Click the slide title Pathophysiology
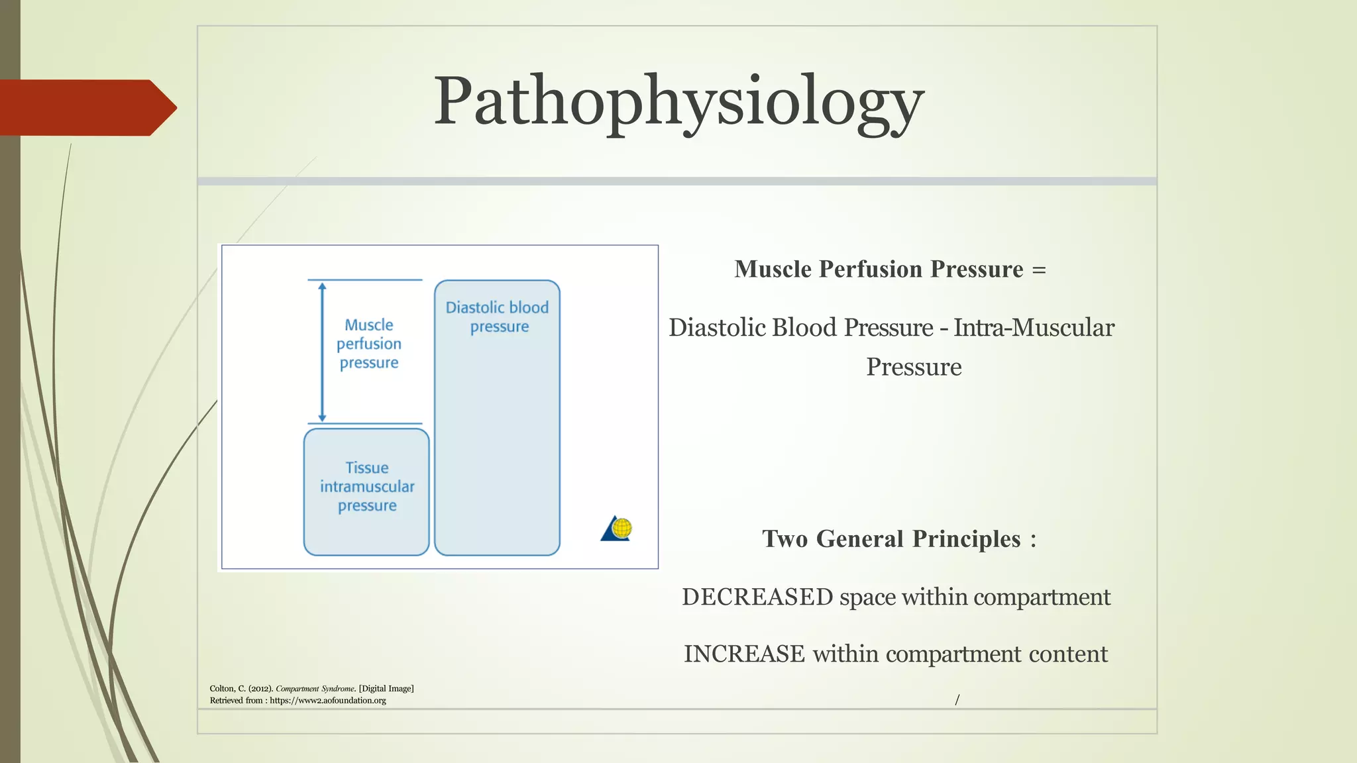tap(678, 103)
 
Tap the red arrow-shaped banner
tap(86, 108)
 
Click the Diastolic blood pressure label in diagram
tap(498, 317)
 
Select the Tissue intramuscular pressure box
tap(366, 491)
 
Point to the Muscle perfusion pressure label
tap(369, 344)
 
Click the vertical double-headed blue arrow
tap(322, 352)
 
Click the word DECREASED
tap(757, 597)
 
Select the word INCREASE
tap(744, 654)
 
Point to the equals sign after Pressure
tap(1038, 270)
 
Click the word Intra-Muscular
tap(1034, 328)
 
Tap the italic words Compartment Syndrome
tap(315, 689)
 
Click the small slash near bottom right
tap(957, 699)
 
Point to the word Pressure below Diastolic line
tap(914, 367)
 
